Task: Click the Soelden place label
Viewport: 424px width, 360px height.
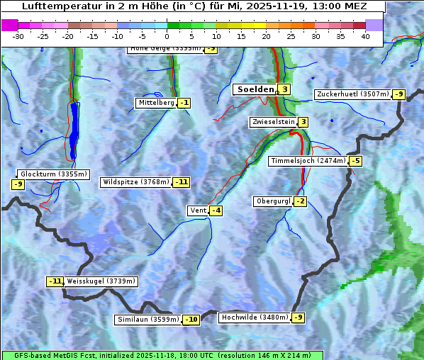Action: click(x=254, y=89)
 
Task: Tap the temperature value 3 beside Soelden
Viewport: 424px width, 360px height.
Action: click(x=284, y=89)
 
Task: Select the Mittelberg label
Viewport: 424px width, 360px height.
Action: click(x=156, y=103)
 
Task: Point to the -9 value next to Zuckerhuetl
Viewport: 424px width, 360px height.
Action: click(x=398, y=94)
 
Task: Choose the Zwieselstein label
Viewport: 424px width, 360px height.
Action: click(x=273, y=122)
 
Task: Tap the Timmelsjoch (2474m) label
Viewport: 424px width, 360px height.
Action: click(x=308, y=161)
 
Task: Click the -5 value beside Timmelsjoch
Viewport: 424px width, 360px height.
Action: click(x=355, y=161)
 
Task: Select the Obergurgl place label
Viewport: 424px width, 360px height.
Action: click(x=272, y=201)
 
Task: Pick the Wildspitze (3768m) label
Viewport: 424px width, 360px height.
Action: click(x=136, y=182)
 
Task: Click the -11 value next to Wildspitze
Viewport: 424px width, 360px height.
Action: click(x=182, y=182)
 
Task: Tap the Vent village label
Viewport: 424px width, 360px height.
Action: click(x=197, y=210)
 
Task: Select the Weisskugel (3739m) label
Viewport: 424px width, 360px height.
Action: click(x=101, y=281)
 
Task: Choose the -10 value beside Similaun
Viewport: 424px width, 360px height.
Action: click(x=191, y=320)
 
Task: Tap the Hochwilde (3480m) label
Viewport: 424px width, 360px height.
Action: click(x=255, y=317)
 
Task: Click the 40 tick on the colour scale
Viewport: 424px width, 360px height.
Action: click(x=365, y=36)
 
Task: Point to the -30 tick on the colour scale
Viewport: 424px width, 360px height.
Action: click(x=18, y=36)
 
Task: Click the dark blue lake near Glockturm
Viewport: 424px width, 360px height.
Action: click(x=74, y=128)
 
